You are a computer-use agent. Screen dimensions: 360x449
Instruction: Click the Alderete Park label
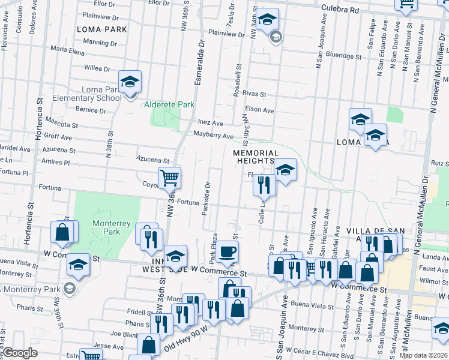pyautogui.click(x=169, y=104)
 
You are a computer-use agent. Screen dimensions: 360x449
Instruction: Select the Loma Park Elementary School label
pyautogui.click(x=93, y=94)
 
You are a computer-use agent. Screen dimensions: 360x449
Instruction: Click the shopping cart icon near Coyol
pyautogui.click(x=170, y=178)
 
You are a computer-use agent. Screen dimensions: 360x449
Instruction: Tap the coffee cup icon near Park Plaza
pyautogui.click(x=227, y=251)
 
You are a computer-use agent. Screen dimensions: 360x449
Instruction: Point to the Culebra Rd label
pyautogui.click(x=340, y=10)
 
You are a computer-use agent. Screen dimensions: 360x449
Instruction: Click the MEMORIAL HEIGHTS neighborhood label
pyautogui.click(x=256, y=157)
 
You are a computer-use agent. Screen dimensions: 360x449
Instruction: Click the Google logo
pyautogui.click(x=20, y=353)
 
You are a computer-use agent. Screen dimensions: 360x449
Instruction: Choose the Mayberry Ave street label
pyautogui.click(x=212, y=136)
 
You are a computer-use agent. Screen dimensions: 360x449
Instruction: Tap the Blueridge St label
pyautogui.click(x=343, y=57)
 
